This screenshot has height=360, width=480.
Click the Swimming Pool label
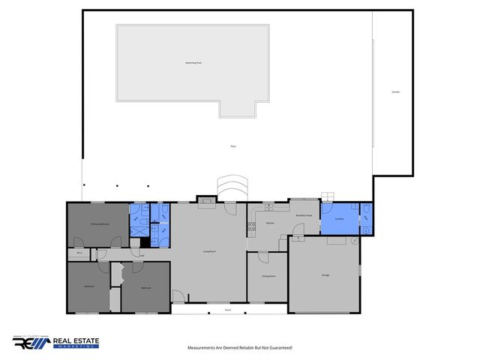pos(193,63)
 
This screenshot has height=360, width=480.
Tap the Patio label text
pos(233,146)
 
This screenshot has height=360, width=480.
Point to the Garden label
pos(395,92)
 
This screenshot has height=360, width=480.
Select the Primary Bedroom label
pos(101,224)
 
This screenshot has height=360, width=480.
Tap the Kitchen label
pos(270,223)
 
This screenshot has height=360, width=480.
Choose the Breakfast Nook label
pos(304,216)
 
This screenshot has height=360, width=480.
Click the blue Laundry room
pos(339,220)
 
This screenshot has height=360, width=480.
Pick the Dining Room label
pos(268,277)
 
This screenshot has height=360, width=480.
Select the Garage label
pos(325,276)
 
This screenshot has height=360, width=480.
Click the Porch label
pos(227,309)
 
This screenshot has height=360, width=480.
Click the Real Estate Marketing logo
pos(55,343)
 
